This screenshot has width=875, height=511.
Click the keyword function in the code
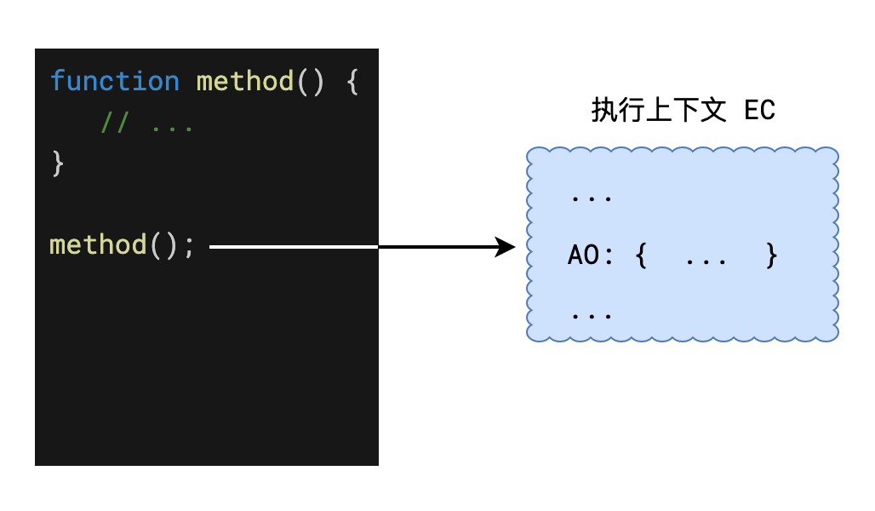(x=114, y=82)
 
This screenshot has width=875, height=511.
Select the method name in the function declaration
(x=244, y=82)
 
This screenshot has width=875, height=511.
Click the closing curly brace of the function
(x=57, y=162)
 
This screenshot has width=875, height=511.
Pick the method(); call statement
(x=122, y=245)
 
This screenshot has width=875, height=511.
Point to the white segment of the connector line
(x=293, y=247)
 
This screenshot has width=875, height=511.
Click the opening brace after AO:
(x=641, y=255)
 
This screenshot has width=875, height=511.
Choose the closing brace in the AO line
(x=771, y=255)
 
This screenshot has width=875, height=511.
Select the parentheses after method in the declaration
(x=310, y=82)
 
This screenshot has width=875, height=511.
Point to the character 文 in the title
(x=715, y=111)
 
